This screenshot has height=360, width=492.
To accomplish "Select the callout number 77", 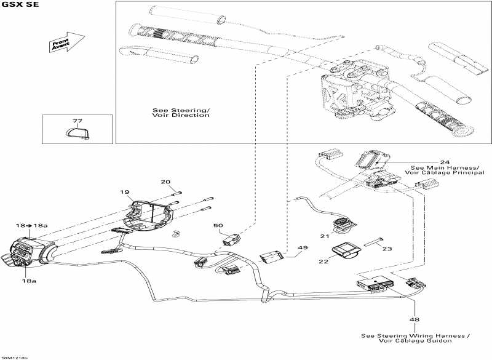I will (77, 121).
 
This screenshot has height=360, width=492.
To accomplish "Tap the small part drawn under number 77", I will (77, 133).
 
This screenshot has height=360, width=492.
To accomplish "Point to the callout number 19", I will (125, 192).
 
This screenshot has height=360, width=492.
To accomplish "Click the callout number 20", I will (165, 182).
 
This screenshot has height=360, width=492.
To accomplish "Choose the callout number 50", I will (218, 226).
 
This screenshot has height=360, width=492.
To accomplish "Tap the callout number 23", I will (387, 250).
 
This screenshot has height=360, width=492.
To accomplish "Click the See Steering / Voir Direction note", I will (181, 113).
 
